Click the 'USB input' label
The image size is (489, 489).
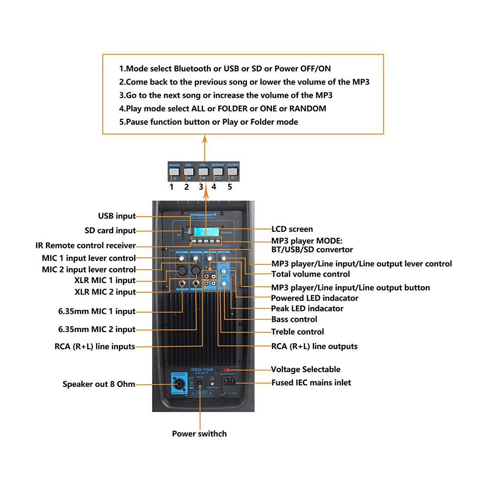point(117,216)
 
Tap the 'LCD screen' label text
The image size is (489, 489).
point(292,229)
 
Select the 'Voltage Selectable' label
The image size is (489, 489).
point(306,370)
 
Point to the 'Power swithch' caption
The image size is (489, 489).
point(199,434)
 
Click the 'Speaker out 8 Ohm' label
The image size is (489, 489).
point(99,384)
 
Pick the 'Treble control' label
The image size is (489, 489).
point(297,332)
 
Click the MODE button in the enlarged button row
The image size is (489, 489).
point(175,172)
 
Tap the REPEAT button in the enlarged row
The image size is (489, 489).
point(218,172)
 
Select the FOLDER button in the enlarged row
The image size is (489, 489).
point(232,172)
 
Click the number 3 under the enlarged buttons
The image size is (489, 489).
point(201,187)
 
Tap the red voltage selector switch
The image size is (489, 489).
point(227,371)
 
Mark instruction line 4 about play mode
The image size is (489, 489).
point(222,109)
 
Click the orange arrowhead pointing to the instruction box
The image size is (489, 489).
point(205,140)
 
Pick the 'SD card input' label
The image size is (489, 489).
point(110,231)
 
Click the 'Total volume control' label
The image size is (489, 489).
point(311,274)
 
